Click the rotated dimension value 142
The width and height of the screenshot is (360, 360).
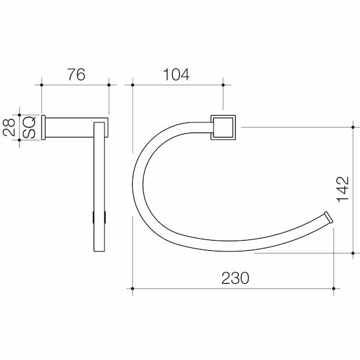pos(343,190)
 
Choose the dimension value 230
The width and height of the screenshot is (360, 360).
pos(234,278)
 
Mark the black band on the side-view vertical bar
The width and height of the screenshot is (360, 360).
pos(100,217)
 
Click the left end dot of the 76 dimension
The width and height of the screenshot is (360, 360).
pos(41,85)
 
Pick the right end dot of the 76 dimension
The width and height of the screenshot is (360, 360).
pos(109,85)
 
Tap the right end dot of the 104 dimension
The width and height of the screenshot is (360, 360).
pos(223,85)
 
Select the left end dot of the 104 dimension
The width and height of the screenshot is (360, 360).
pos(132,85)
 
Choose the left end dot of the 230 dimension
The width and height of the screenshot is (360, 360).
pos(132,289)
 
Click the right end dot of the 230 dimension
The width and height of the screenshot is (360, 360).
pos(334,289)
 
